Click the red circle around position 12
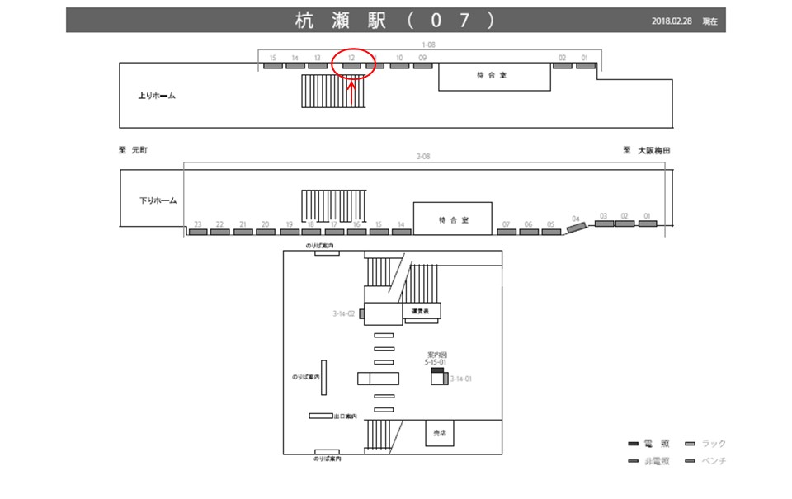pyautogui.click(x=352, y=62)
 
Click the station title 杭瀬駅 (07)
pyautogui.click(x=395, y=21)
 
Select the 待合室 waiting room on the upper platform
pyautogui.click(x=493, y=76)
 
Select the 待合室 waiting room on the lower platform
pyautogui.click(x=453, y=220)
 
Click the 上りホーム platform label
pyautogui.click(x=157, y=96)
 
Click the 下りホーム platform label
pyautogui.click(x=158, y=200)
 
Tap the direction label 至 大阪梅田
pyautogui.click(x=648, y=151)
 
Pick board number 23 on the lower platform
pyautogui.click(x=197, y=232)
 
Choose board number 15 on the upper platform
pyautogui.click(x=272, y=65)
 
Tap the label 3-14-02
pyautogui.click(x=343, y=313)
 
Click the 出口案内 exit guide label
pyautogui.click(x=345, y=416)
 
